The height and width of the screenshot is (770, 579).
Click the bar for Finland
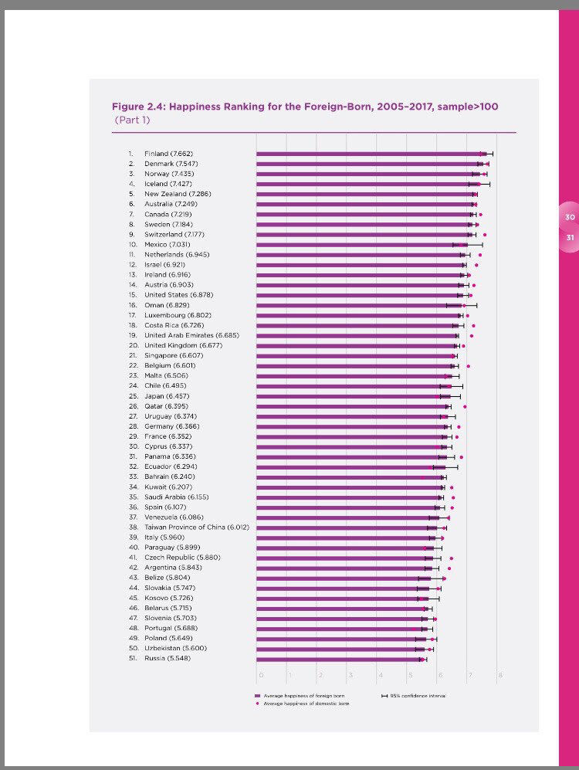point(371,154)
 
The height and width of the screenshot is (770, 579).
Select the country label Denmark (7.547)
point(171,164)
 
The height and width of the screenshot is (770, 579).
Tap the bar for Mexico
point(359,244)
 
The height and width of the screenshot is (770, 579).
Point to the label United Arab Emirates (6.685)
point(191,335)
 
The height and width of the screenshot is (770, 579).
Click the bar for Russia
point(340,659)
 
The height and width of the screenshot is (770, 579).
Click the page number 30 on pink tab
point(570,217)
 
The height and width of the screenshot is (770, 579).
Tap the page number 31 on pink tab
point(570,237)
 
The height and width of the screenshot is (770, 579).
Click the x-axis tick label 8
point(500,676)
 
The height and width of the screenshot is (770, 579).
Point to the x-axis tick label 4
point(379,676)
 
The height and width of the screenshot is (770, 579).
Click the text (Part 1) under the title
point(132,120)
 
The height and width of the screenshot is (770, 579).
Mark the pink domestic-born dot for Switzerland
point(484,234)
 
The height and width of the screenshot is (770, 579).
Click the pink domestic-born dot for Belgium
point(468,365)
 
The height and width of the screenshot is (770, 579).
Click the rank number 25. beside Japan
point(133,395)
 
